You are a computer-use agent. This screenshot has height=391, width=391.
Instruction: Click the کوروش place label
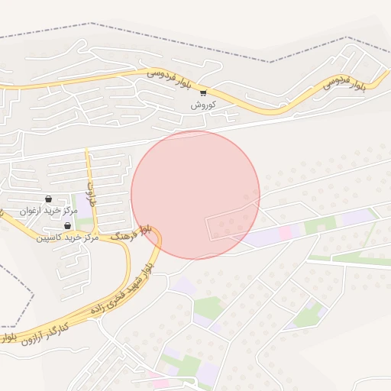click(x=204, y=104)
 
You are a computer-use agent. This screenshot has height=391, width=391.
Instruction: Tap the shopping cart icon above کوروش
click(x=203, y=93)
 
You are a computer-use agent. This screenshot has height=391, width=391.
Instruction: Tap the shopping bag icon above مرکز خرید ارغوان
click(x=48, y=199)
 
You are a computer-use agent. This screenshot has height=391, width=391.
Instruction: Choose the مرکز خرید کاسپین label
click(x=67, y=237)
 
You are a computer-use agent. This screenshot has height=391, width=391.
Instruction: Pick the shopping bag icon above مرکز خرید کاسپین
click(x=67, y=226)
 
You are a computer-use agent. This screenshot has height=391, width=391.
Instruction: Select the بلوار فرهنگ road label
click(x=131, y=233)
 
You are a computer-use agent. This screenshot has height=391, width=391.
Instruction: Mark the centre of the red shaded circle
click(x=195, y=195)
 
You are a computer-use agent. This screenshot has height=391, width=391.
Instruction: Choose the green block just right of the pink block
click(x=319, y=225)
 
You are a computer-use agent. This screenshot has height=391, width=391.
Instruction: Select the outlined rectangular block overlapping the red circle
click(x=231, y=222)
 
